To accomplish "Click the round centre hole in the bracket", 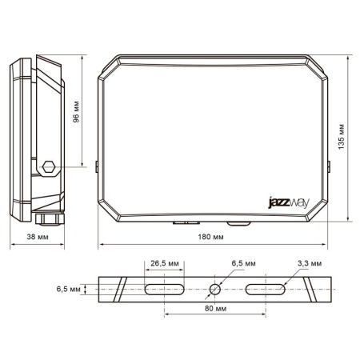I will click(215, 289).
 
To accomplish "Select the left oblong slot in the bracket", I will click(165, 289).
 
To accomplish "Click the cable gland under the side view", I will click(49, 218).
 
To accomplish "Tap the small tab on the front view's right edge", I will click(330, 166).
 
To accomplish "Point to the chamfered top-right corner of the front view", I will click(323, 70).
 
